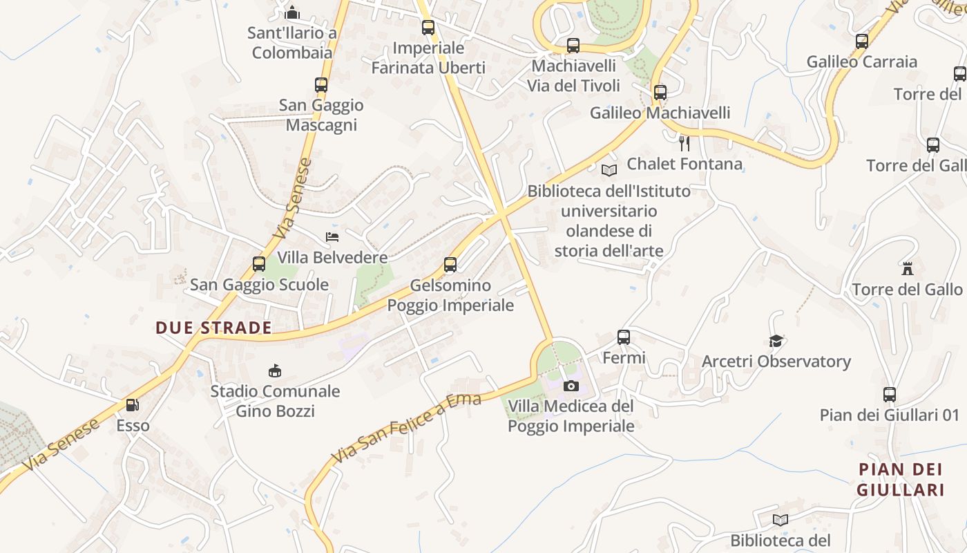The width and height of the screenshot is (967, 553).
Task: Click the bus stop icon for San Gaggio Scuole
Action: click(x=259, y=264)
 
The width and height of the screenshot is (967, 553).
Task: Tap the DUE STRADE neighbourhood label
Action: click(x=213, y=328)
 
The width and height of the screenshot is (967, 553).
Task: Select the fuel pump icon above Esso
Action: click(x=132, y=405)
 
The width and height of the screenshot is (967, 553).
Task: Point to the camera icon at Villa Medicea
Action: click(x=571, y=386)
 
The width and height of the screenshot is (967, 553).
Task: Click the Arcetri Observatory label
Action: click(x=776, y=362)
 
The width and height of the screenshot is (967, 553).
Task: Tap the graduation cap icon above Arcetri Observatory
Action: click(x=776, y=341)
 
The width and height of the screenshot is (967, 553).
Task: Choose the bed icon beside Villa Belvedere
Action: click(x=332, y=237)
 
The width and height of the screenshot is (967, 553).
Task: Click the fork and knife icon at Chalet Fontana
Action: click(x=684, y=143)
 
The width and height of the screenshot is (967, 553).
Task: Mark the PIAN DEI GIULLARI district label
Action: click(x=900, y=480)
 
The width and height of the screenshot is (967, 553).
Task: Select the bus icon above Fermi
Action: click(x=624, y=337)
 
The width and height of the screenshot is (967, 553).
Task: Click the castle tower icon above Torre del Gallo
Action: click(x=908, y=268)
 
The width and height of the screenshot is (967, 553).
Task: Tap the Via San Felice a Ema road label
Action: click(x=406, y=429)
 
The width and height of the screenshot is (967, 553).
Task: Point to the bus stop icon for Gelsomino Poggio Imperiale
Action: click(x=450, y=264)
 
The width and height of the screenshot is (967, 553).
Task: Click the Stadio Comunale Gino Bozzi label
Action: click(x=275, y=401)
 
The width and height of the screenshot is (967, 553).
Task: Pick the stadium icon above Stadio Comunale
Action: click(x=275, y=371)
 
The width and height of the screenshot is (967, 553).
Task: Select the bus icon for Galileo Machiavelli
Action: click(x=660, y=92)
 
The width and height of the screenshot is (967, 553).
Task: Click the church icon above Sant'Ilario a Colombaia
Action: click(x=292, y=12)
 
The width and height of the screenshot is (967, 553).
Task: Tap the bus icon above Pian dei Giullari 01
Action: click(x=890, y=395)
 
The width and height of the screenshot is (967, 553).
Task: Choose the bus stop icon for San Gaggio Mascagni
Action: click(x=321, y=85)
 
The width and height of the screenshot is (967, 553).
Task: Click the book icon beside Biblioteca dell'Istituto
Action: click(x=609, y=171)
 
